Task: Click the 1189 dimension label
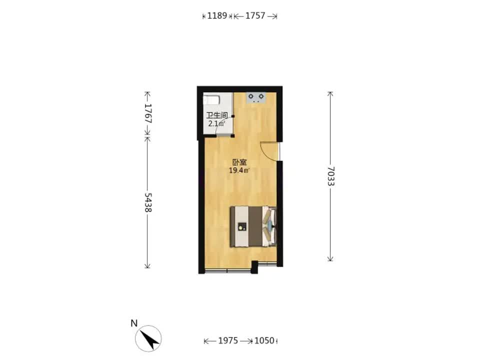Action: tap(217, 15)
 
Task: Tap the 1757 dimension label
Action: tap(255, 15)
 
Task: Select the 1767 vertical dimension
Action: tap(148, 113)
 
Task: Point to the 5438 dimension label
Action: tap(148, 202)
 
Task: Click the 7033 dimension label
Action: tap(330, 176)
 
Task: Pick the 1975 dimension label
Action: tap(228, 340)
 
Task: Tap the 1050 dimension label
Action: tap(264, 340)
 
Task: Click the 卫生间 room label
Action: tap(216, 115)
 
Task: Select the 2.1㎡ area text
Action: tap(216, 123)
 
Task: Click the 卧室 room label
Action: tap(239, 162)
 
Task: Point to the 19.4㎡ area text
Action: tap(239, 170)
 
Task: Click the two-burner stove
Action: tap(256, 98)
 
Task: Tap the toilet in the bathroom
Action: tap(211, 100)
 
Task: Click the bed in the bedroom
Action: tap(253, 226)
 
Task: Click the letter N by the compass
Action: tap(134, 323)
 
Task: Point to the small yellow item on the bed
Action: tap(242, 226)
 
